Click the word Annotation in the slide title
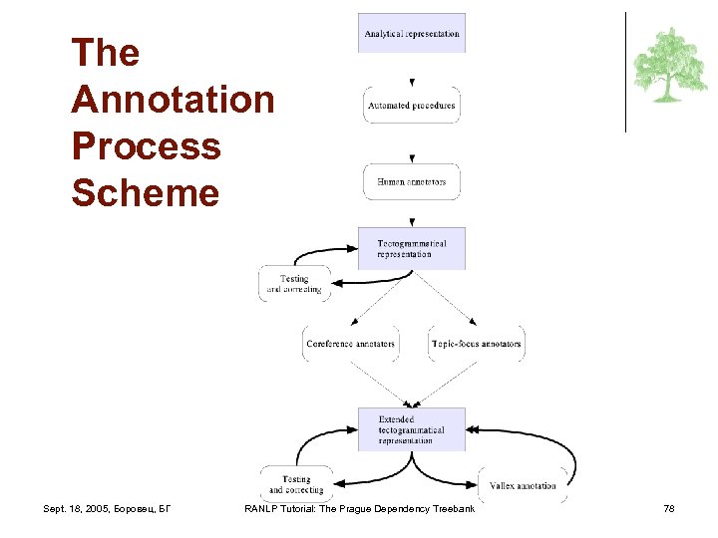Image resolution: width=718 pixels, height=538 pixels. coord(173,100)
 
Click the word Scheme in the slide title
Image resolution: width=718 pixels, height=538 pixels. coord(145,192)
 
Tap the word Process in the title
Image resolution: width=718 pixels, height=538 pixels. coord(146,145)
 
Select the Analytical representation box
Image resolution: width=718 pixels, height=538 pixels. coord(412,33)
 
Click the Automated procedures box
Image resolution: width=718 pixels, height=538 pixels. coord(412,106)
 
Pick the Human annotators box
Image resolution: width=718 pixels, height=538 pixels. coord(412,182)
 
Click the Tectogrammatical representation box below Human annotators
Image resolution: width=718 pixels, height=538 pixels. coord(412,248)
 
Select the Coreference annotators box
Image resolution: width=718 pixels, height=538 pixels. coord(351,344)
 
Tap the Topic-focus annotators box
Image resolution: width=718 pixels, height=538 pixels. coord(476,344)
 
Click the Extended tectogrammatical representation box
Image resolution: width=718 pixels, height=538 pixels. coord(412,429)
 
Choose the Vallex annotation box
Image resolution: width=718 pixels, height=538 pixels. coord(523,485)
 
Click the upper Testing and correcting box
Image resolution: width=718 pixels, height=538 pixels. coord(294,284)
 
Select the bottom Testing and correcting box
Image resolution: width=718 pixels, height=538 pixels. coord(296,484)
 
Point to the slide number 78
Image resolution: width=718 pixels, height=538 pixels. coord(669,509)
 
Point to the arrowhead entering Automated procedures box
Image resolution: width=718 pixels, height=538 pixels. coord(412,83)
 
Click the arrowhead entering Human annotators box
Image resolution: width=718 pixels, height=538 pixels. coord(412,158)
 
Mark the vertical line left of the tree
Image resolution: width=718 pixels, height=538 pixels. coord(625,72)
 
